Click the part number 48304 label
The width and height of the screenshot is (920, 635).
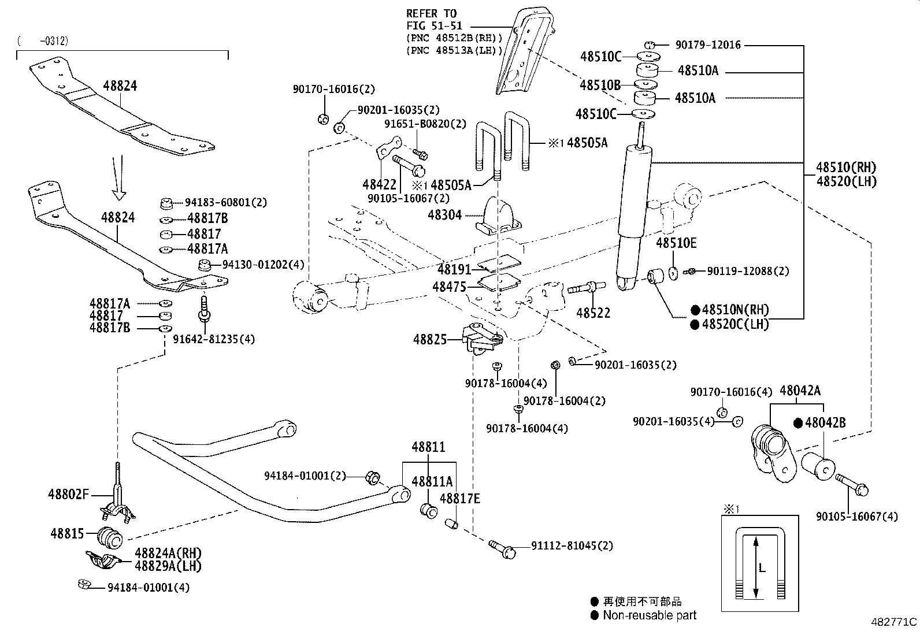click(444, 215)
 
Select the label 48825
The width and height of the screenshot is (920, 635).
click(429, 340)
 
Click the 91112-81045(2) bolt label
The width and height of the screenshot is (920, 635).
click(572, 545)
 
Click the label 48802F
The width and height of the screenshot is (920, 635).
click(68, 494)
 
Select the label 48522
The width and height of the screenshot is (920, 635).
click(593, 313)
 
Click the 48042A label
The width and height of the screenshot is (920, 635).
click(800, 391)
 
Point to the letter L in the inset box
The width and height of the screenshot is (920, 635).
click(762, 569)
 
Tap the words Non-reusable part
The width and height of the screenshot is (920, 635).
click(650, 615)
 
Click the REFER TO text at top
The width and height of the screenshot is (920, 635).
click(431, 13)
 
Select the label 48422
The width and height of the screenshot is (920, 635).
click(379, 184)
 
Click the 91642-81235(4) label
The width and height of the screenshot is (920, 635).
click(214, 339)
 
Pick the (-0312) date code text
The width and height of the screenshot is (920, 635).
click(43, 41)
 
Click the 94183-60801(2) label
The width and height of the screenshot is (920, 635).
click(226, 202)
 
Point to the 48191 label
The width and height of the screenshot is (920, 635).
click(454, 269)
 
